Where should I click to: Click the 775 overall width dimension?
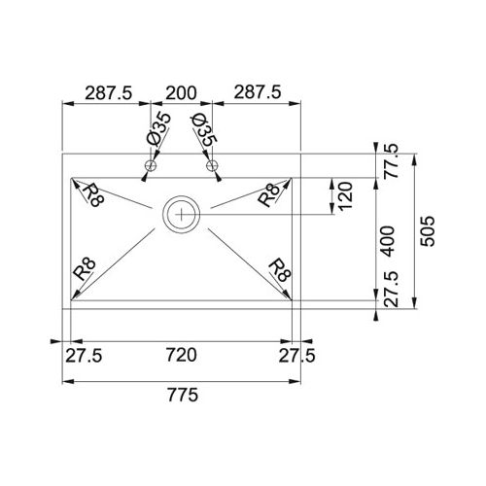click(x=183, y=396)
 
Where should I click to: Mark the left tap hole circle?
click(x=151, y=167)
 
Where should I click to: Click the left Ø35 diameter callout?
click(x=159, y=129)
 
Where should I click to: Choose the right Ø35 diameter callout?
click(x=204, y=129)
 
